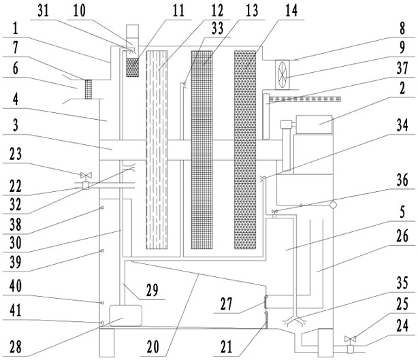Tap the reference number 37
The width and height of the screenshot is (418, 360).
point(402,67)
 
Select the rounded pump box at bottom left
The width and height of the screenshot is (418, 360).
point(125,316)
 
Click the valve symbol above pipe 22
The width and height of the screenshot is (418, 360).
point(86,175)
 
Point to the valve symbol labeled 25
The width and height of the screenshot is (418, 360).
point(351,339)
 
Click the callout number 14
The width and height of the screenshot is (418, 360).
point(291,11)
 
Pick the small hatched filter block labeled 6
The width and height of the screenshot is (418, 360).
point(89,89)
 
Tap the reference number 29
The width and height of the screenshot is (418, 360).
point(152,290)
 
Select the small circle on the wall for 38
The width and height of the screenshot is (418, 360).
point(102,208)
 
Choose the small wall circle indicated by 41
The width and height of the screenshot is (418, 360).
point(102,323)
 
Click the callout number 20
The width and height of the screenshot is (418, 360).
point(152,346)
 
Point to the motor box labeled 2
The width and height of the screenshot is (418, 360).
point(314,125)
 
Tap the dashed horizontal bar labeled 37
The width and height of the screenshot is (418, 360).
point(305,99)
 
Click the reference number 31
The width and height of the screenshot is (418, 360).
point(43,11)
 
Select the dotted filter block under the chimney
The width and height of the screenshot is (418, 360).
point(132,67)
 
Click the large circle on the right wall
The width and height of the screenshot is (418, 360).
point(333,205)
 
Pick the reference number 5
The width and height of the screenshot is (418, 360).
point(402,212)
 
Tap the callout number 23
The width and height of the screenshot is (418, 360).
point(16,154)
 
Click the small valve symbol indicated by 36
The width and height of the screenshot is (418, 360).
point(274,212)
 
